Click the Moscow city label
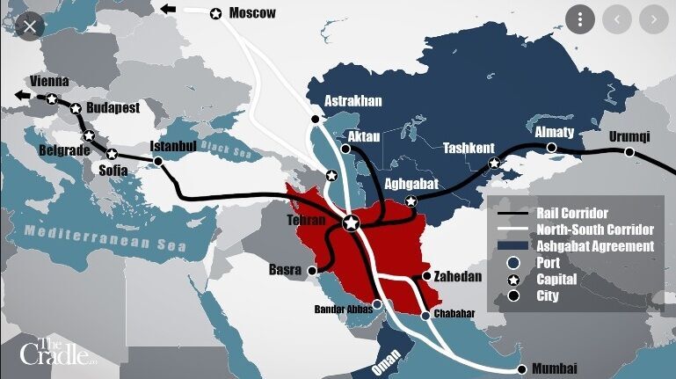[x=251, y=12]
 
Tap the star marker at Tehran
[x=351, y=223]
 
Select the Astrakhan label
[x=353, y=100]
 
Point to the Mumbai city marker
[x=521, y=368]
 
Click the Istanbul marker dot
[x=158, y=162]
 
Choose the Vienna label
[x=49, y=81]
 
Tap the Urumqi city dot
[x=629, y=152]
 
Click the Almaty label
[x=554, y=132]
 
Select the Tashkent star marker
[x=494, y=163]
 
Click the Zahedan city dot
[x=427, y=276]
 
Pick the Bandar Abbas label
[x=344, y=309]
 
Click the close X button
[x=30, y=26]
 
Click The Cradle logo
[x=55, y=351]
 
